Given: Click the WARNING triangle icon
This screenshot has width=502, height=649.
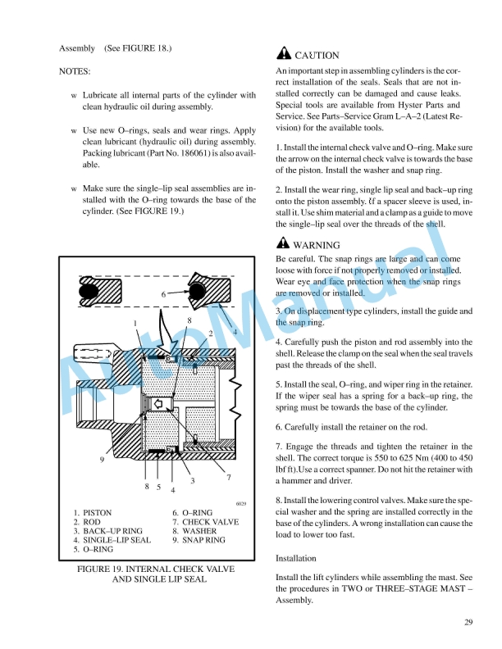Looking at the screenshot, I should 284,243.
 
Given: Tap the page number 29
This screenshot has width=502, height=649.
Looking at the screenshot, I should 468,623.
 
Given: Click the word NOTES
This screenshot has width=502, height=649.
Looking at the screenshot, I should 75,72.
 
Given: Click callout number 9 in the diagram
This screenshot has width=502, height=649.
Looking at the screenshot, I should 102,459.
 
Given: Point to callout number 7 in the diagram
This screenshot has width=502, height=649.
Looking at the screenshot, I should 228,476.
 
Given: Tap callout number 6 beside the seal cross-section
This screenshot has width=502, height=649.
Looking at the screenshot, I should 163,293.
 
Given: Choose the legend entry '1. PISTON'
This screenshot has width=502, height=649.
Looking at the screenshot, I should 93,513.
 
